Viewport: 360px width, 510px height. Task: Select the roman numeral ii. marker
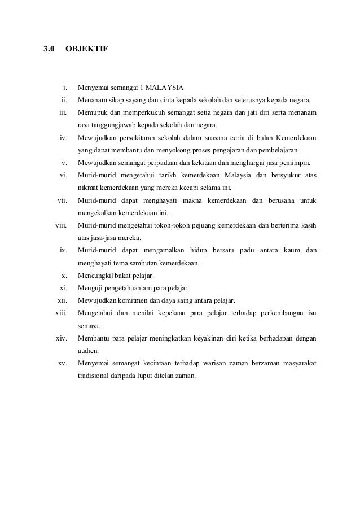click(x=65, y=101)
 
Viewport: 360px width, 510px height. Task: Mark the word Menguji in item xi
click(x=90, y=287)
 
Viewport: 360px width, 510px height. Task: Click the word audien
click(x=88, y=350)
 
